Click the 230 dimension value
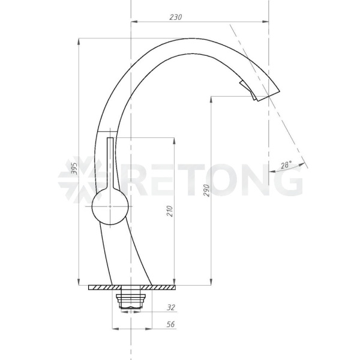tap(176, 17)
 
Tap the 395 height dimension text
tap(74, 168)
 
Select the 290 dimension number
tap(206, 190)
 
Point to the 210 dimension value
tap(169, 211)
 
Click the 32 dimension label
tap(171, 307)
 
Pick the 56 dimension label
tap(170, 324)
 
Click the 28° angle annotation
tap(286, 165)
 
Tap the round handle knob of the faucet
tap(110, 206)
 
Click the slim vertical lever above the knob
tap(110, 163)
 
